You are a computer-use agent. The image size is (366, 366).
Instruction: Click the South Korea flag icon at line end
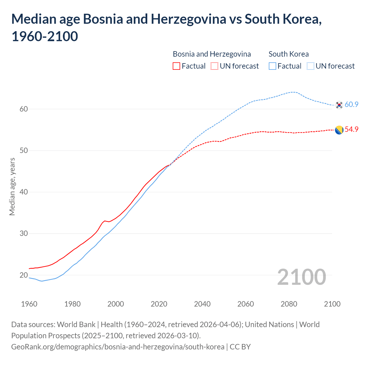[x=339, y=105]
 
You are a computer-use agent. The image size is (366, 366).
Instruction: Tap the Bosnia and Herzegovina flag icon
[x=339, y=130]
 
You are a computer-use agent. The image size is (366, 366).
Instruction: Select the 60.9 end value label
[x=351, y=105]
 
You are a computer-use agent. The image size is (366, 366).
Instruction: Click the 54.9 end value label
[x=351, y=130]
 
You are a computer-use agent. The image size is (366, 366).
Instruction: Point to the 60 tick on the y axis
[x=24, y=109]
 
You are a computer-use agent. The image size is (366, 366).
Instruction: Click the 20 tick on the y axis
[x=24, y=275]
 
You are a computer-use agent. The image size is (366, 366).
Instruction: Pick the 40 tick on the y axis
[x=24, y=192]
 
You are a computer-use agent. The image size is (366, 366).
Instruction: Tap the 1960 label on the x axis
[x=29, y=304]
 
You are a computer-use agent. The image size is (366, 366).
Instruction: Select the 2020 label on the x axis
[x=159, y=304]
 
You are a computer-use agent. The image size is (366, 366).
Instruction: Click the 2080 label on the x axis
[x=289, y=304]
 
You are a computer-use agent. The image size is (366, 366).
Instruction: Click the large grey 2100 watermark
[x=301, y=277]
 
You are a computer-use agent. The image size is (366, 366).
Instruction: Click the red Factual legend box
[x=176, y=66]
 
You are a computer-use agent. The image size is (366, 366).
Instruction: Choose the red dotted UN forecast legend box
[x=214, y=66]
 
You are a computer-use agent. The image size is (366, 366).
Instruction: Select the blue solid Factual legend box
[x=272, y=66]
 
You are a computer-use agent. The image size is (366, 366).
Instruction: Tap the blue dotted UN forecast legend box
[x=311, y=66]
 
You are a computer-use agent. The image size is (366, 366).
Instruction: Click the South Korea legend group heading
[x=289, y=54]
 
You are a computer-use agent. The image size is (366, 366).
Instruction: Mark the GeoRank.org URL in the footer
[x=118, y=347]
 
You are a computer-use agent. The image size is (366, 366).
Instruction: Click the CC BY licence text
[x=240, y=347]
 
